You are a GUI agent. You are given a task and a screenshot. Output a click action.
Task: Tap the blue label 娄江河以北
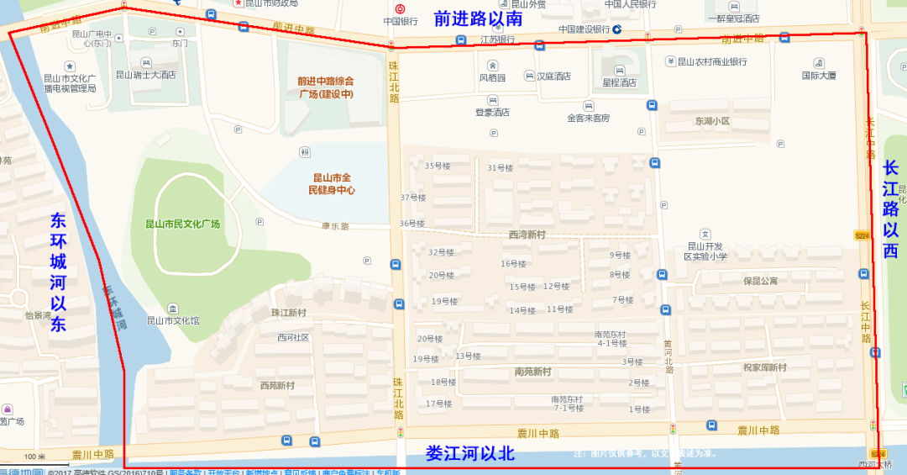[469, 454]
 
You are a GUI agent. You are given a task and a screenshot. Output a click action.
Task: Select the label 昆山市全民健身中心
[333, 184]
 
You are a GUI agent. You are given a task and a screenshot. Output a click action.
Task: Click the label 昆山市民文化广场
[183, 224]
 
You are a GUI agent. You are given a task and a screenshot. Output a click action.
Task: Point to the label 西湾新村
[527, 235]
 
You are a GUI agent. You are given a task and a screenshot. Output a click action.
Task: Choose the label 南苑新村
[532, 371]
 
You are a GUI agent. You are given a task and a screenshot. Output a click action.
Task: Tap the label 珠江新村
[288, 312]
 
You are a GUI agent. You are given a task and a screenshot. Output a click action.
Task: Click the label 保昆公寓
[760, 281]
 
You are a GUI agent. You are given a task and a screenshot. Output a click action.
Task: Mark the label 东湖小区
[712, 121]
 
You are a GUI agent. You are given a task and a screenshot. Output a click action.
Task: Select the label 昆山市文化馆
[173, 319]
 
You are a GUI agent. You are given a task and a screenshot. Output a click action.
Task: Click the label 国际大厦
[819, 75]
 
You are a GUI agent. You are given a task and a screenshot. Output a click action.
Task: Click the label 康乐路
[335, 226]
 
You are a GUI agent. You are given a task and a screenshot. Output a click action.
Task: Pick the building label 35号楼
[438, 166]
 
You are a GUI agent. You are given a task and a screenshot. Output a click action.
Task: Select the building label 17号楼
[438, 404]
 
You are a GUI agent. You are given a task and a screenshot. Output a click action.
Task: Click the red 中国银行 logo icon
[400, 8]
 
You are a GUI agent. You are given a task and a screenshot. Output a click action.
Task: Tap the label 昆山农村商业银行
[705, 61]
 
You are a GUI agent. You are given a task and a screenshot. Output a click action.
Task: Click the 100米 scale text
[34, 457]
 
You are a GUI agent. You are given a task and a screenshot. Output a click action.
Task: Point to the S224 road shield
[862, 235]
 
